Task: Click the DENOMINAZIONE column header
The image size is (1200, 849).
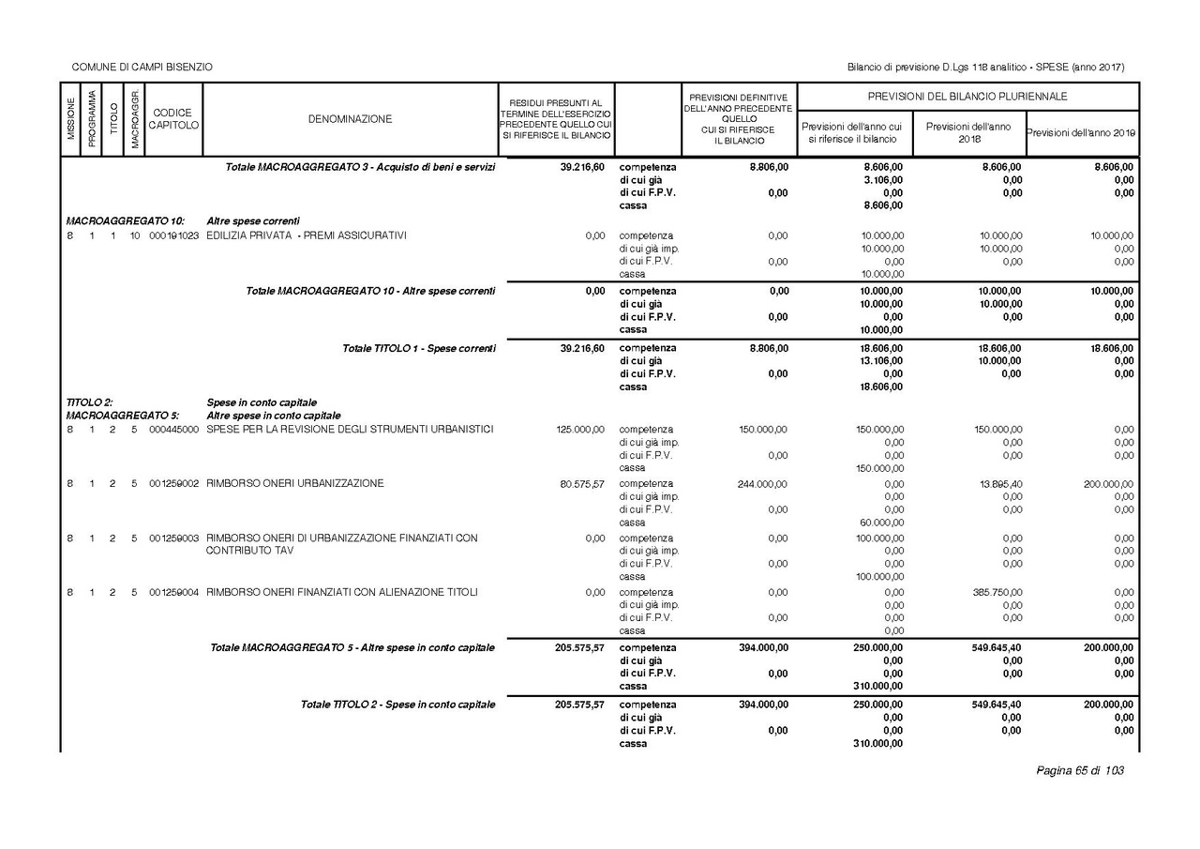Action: (x=350, y=119)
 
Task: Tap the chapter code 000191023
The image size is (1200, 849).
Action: (x=173, y=235)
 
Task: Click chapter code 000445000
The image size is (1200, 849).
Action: (x=173, y=430)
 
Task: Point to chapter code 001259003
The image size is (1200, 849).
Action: (x=173, y=538)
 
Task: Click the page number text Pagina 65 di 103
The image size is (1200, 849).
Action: (x=1079, y=771)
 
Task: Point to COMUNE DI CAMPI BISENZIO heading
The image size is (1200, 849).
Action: (x=142, y=68)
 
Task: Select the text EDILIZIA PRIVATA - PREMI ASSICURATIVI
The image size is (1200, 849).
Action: (x=307, y=235)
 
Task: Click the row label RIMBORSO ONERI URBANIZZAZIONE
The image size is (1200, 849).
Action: (x=294, y=484)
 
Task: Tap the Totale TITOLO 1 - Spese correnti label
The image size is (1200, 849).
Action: (x=418, y=348)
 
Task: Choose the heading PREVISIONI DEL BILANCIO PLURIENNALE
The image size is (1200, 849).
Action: (x=967, y=97)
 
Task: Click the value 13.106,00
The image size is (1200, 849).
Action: (x=882, y=361)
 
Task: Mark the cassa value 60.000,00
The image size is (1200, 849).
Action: (x=881, y=523)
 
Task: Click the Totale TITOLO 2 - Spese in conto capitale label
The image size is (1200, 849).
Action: (x=397, y=705)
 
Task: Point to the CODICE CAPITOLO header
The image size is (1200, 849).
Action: (x=173, y=119)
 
